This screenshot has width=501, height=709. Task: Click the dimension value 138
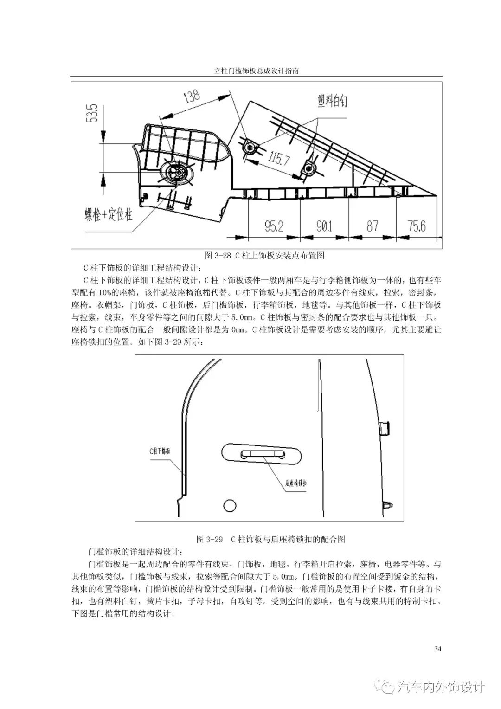point(192,97)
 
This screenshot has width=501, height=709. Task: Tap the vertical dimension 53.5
point(92,113)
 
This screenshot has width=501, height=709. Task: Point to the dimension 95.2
point(274,226)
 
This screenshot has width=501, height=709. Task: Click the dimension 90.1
point(324,226)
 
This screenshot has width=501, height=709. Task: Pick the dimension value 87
point(372,226)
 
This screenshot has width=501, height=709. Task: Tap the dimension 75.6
point(417,226)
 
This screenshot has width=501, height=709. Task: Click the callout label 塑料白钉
point(333,101)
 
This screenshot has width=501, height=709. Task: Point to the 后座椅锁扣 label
point(296,483)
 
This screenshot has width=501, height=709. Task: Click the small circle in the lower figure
point(230,505)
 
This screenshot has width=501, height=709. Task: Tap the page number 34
point(437,648)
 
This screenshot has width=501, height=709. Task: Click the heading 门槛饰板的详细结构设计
point(135,552)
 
